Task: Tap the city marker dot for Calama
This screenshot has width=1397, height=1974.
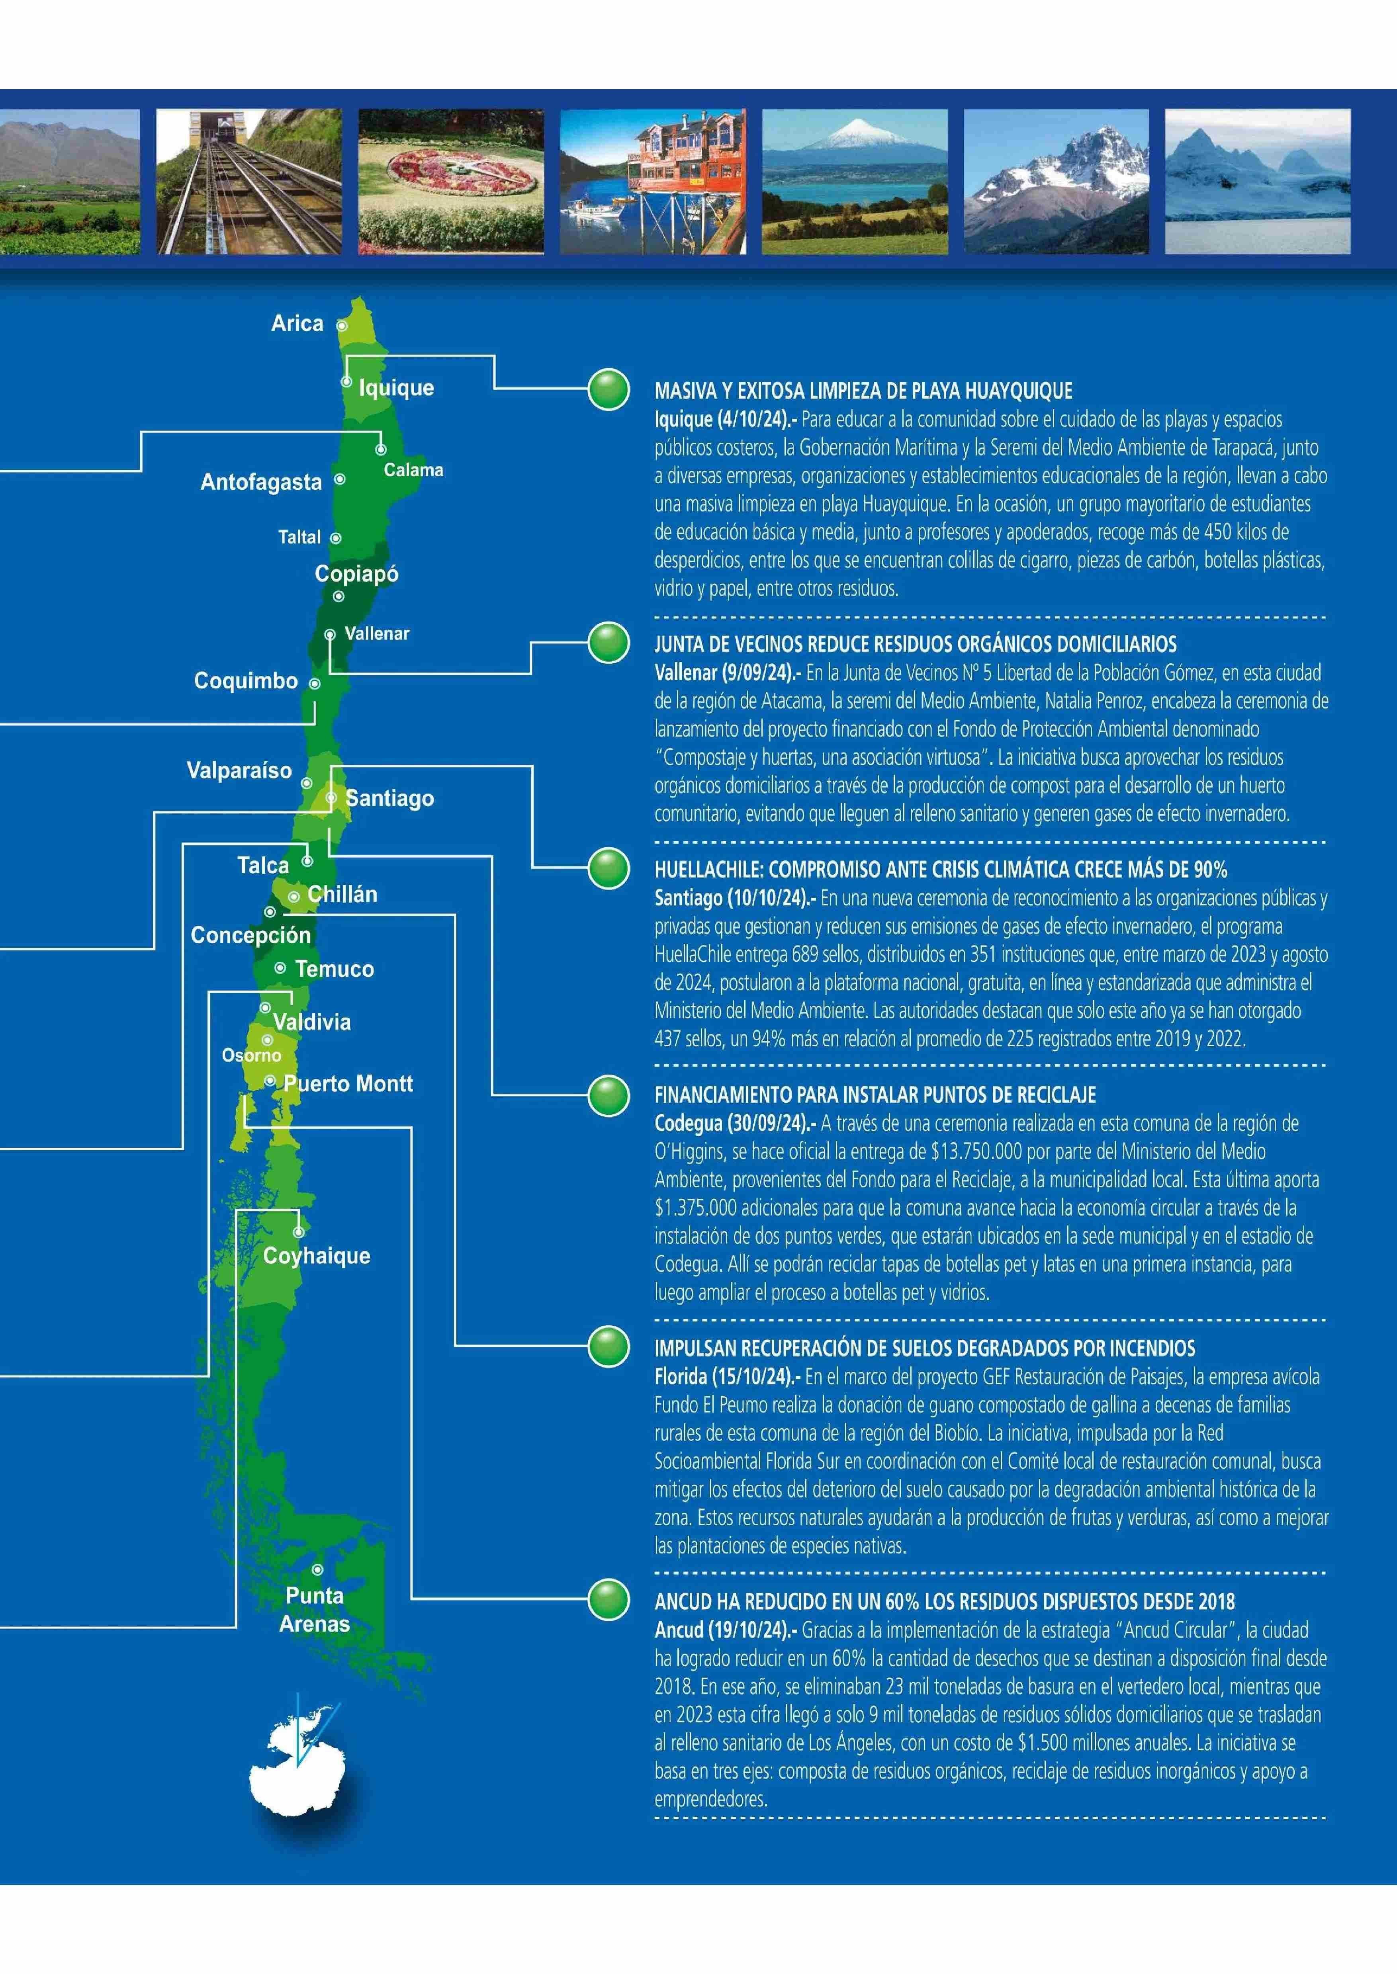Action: pos(380,449)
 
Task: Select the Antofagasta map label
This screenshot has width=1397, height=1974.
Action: pos(261,483)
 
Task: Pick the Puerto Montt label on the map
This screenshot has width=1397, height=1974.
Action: pos(348,1084)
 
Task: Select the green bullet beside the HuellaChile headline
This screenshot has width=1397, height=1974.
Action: pos(609,869)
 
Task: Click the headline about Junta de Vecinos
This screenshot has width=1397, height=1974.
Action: pos(915,644)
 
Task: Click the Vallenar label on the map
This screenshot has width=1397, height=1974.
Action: pos(377,634)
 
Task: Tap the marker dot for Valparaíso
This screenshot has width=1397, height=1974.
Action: pos(306,784)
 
